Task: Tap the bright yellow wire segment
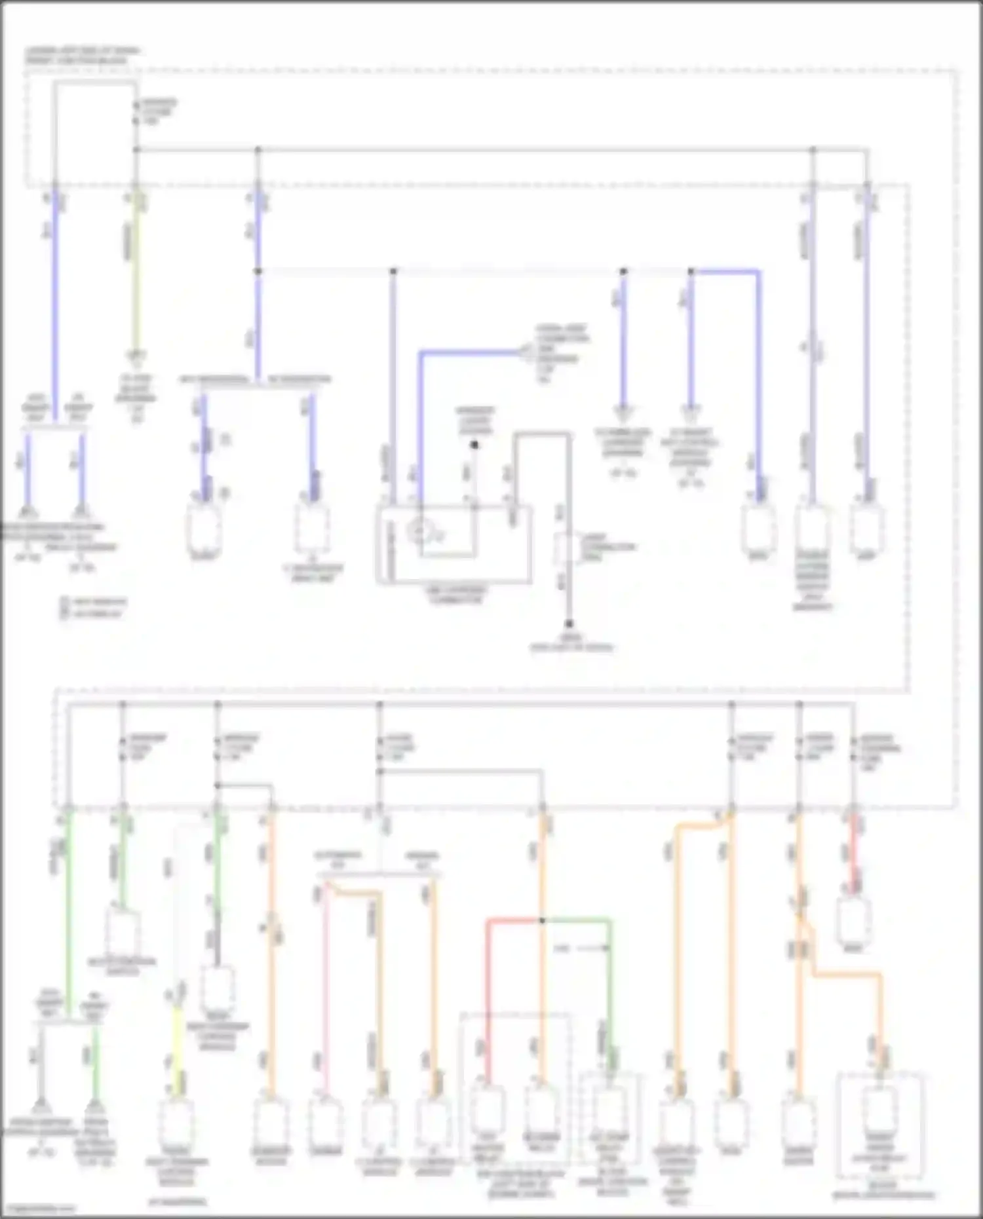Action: pos(177,1041)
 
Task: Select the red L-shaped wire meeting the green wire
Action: pos(488,983)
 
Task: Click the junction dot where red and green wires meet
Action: pos(542,920)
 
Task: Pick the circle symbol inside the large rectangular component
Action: pos(420,532)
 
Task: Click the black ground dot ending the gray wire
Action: pos(569,624)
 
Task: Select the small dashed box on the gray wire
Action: pos(564,549)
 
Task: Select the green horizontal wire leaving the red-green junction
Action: pos(577,920)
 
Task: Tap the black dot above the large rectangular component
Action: pos(474,445)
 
